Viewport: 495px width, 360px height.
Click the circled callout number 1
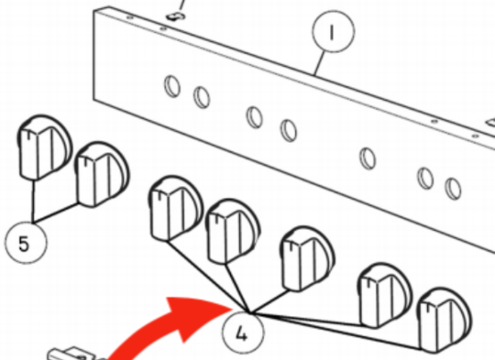(334, 31)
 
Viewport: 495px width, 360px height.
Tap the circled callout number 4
(242, 333)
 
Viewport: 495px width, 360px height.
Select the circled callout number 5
(26, 243)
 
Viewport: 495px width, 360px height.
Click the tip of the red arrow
(233, 307)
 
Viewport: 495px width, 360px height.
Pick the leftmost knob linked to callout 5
(44, 147)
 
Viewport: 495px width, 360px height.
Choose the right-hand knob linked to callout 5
(102, 174)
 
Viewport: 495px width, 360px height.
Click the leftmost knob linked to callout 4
(175, 209)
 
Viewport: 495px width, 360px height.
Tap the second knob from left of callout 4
(233, 232)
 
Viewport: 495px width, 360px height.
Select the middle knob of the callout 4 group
(307, 258)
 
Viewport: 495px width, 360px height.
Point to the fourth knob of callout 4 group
(384, 296)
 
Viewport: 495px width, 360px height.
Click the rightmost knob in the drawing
(445, 321)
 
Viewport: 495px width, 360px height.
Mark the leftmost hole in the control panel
(172, 86)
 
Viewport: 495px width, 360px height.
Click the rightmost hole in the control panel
(453, 189)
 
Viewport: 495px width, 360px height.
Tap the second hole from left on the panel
(202, 97)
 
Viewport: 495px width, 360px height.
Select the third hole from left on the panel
(255, 117)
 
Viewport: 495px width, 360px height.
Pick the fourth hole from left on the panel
(289, 130)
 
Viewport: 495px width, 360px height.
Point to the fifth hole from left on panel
(368, 158)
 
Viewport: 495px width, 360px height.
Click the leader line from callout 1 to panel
(320, 63)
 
